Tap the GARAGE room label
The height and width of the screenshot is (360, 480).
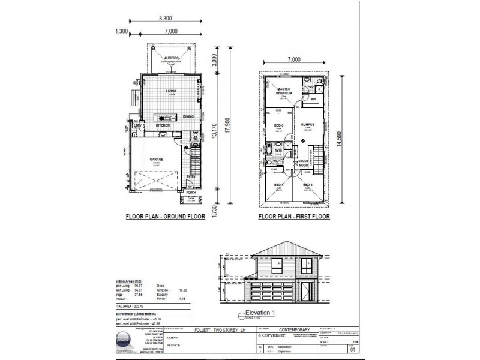pyautogui.click(x=157, y=159)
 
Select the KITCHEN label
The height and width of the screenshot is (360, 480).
pyautogui.click(x=163, y=125)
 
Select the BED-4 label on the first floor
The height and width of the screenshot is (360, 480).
pyautogui.click(x=278, y=184)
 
